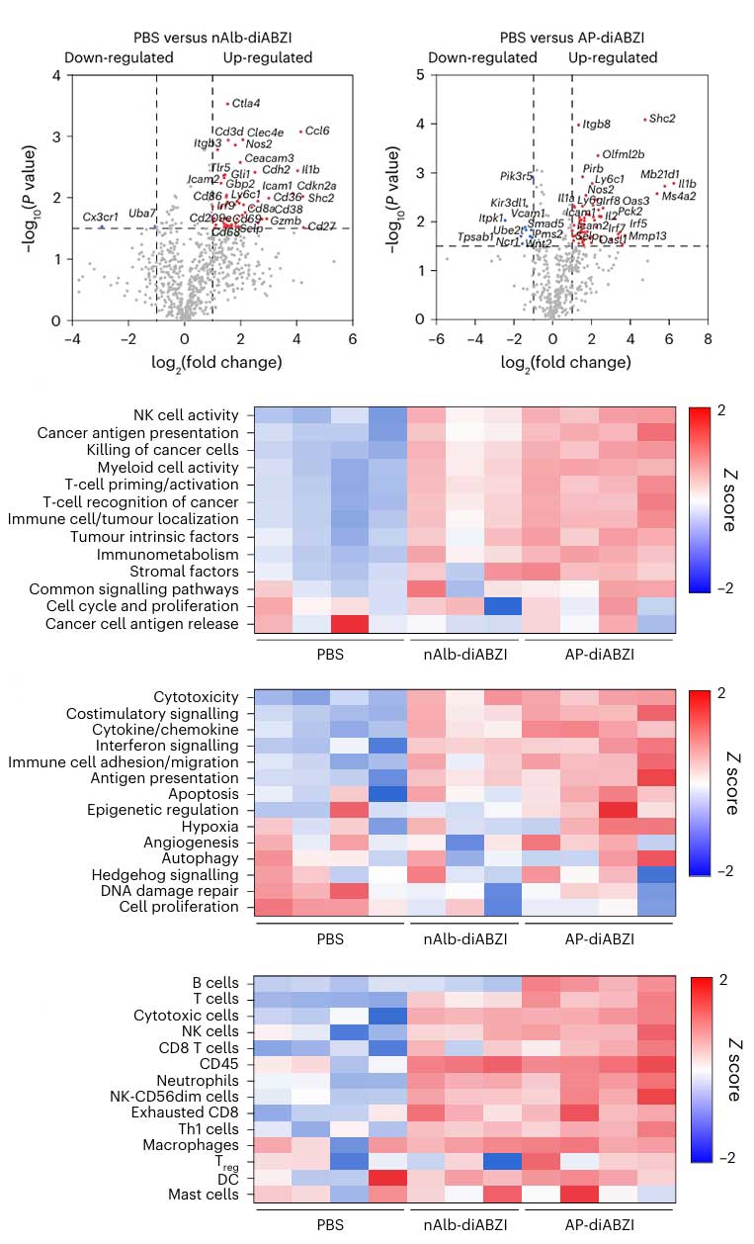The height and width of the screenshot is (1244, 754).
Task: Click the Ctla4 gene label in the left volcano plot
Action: pyautogui.click(x=246, y=103)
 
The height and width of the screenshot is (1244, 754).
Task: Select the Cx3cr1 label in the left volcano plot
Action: pyautogui.click(x=100, y=217)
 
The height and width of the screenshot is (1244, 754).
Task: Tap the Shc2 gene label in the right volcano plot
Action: pyautogui.click(x=662, y=119)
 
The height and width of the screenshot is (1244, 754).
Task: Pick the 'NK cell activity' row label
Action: pyautogui.click(x=186, y=415)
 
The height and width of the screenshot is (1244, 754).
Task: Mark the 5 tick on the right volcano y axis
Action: pyautogui.click(x=421, y=75)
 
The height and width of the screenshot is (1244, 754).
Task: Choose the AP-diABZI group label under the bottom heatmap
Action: pyautogui.click(x=599, y=1224)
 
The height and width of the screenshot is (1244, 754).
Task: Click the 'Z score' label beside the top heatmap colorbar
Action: pyautogui.click(x=730, y=500)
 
